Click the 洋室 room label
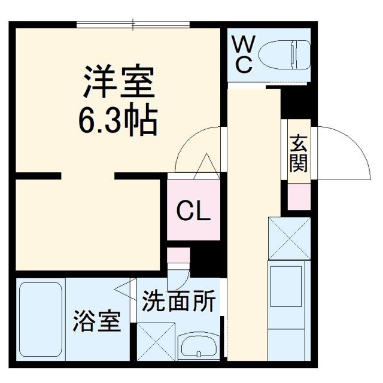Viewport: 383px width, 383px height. coord(120,83)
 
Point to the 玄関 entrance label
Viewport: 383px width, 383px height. coord(299,154)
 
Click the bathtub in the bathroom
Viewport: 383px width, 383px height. coord(41,320)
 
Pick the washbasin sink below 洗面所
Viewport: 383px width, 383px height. coord(199,347)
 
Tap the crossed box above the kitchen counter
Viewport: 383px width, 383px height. coord(289,238)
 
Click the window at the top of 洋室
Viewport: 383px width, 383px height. coord(133,25)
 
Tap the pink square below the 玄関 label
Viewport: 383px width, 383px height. coord(299,196)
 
